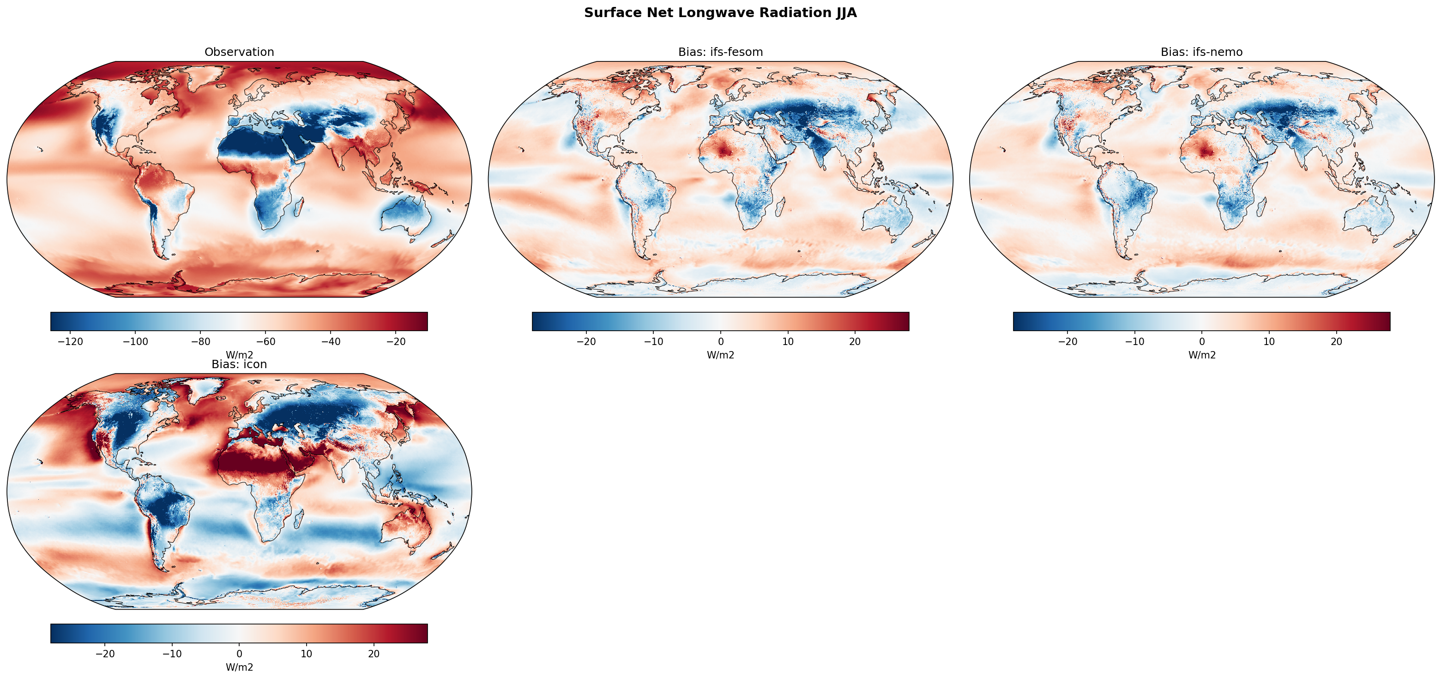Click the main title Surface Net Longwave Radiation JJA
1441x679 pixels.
(720, 13)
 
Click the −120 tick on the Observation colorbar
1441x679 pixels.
(71, 341)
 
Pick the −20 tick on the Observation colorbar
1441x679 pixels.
(396, 341)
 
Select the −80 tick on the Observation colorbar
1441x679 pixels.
(201, 341)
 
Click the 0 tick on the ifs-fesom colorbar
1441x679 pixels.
(720, 341)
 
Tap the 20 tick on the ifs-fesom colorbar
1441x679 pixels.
(855, 341)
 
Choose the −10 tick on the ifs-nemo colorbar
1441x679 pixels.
(1134, 341)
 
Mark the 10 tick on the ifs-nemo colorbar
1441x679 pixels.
(1269, 341)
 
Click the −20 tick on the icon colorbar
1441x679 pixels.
(105, 654)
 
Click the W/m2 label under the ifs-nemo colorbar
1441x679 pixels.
(1201, 355)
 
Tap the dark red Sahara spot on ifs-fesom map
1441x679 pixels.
(725, 150)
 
